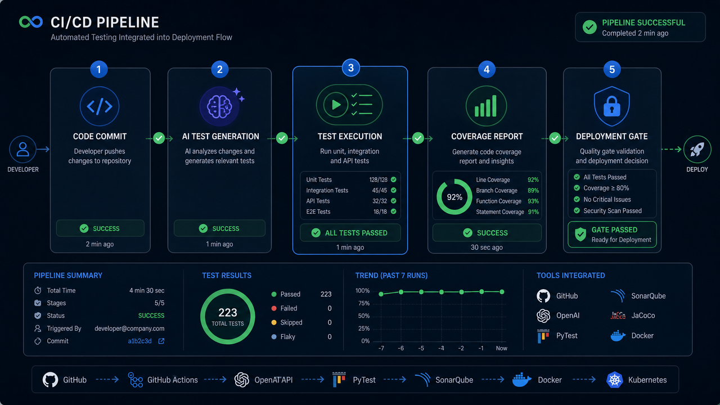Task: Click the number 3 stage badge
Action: [350, 68]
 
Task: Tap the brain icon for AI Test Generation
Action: [219, 106]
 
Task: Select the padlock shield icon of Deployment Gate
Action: [611, 106]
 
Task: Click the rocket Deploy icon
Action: [697, 149]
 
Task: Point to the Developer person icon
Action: [23, 149]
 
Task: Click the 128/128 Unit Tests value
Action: [379, 179]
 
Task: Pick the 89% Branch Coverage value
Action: [533, 190]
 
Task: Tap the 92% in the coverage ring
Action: [454, 197]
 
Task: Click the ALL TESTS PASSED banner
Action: [350, 233]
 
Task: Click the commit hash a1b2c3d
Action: [140, 341]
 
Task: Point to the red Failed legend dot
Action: [274, 308]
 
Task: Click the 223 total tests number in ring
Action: [228, 312]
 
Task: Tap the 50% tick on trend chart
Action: [364, 316]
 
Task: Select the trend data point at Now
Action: [502, 292]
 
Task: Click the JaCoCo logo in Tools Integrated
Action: [618, 316]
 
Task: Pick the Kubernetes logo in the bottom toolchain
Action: [615, 380]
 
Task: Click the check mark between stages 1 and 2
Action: [159, 138]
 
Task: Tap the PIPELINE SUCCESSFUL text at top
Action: [643, 23]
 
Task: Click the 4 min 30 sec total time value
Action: [147, 291]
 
